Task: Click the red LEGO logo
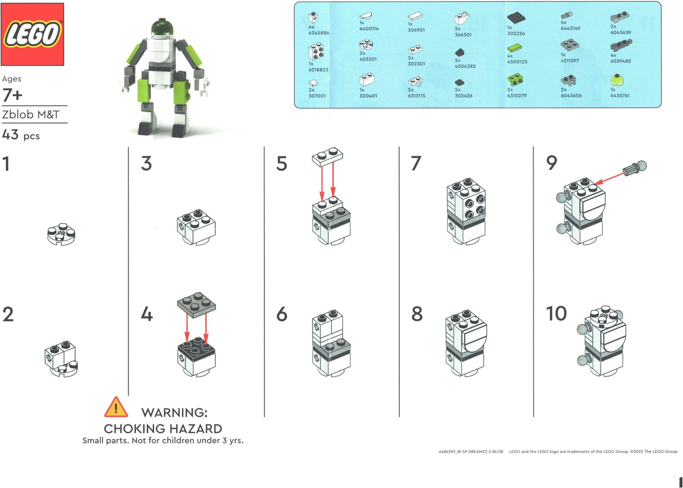pyautogui.click(x=32, y=34)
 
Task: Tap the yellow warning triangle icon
pyautogui.click(x=116, y=407)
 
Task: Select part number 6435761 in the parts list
pyautogui.click(x=619, y=95)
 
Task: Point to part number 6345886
pyautogui.click(x=319, y=33)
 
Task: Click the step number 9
pyautogui.click(x=552, y=163)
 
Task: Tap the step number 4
pyautogui.click(x=147, y=314)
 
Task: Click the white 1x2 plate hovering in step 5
pyautogui.click(x=327, y=156)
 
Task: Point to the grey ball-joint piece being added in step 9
pyautogui.click(x=634, y=168)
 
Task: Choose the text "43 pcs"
pyautogui.click(x=21, y=135)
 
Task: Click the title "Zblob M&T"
pyautogui.click(x=31, y=115)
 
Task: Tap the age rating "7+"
pyautogui.click(x=12, y=95)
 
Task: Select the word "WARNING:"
pyautogui.click(x=174, y=412)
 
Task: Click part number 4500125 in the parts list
pyautogui.click(x=517, y=62)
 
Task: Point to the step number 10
pyautogui.click(x=556, y=314)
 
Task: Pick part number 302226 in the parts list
pyautogui.click(x=516, y=34)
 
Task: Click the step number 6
pyautogui.click(x=282, y=314)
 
